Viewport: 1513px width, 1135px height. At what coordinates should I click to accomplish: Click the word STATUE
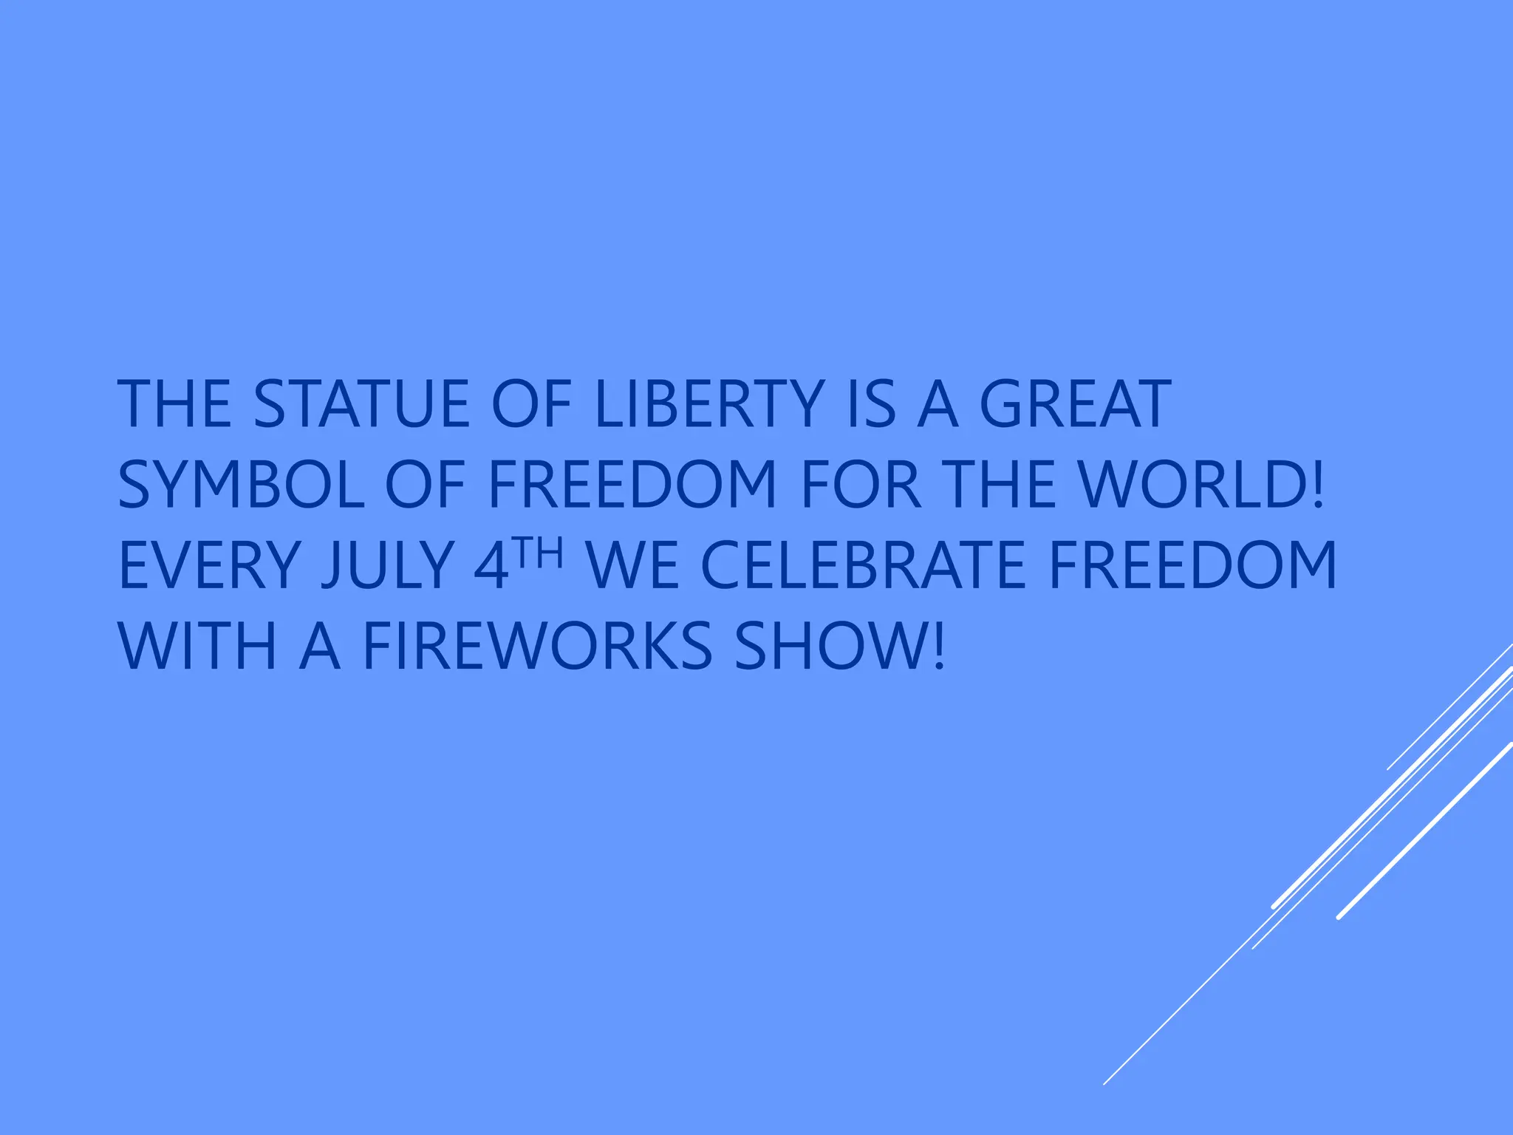click(361, 404)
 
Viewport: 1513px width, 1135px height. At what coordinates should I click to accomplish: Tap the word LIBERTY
click(709, 404)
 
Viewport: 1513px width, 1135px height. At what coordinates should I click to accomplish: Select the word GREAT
click(1075, 404)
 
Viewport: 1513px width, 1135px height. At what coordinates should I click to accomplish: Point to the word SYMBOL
click(241, 485)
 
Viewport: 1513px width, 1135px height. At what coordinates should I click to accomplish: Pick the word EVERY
click(209, 566)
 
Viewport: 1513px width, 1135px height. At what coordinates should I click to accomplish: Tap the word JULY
click(387, 566)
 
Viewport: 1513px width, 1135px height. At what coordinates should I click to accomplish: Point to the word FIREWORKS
click(538, 647)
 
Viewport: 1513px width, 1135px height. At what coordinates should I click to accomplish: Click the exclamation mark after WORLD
click(1316, 485)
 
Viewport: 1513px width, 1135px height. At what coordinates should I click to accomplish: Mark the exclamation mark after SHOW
click(938, 647)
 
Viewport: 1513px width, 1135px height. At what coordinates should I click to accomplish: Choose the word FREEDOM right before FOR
click(632, 485)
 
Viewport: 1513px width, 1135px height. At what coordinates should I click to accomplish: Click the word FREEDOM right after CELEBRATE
click(1192, 566)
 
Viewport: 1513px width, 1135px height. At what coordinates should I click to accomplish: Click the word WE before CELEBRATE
click(632, 566)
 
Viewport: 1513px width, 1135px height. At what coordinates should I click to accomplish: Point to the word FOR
click(861, 485)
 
